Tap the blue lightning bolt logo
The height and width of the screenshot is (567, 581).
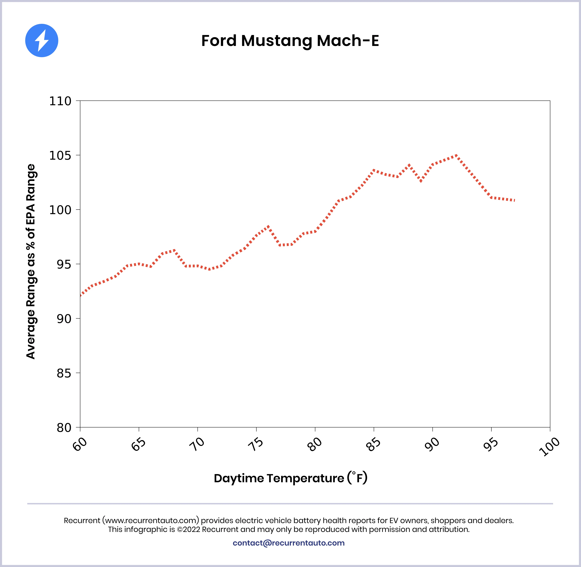[x=42, y=40]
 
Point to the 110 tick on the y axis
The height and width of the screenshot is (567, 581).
[x=60, y=101]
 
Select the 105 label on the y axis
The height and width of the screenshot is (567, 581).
[x=60, y=156]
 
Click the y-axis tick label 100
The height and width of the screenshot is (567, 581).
[x=60, y=210]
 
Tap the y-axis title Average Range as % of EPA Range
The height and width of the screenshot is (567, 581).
[x=31, y=261]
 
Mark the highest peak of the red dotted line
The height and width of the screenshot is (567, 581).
[x=456, y=155]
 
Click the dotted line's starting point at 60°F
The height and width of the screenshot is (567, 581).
[x=80, y=295]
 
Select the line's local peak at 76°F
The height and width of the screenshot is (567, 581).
[x=268, y=226]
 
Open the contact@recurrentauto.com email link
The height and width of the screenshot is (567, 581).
[x=289, y=543]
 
